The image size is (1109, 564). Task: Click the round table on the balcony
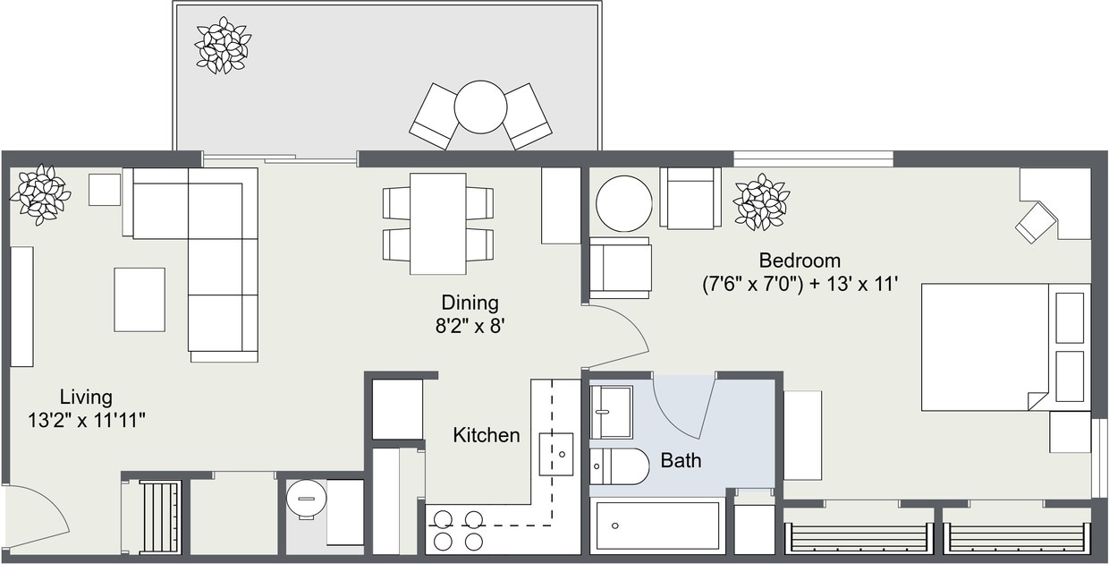pyautogui.click(x=480, y=107)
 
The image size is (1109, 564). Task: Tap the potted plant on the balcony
pyautogui.click(x=223, y=45)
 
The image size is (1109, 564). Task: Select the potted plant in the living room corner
pyautogui.click(x=40, y=193)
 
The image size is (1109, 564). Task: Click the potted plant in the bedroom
pyautogui.click(x=761, y=201)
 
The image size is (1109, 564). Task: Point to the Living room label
pyautogui.click(x=86, y=397)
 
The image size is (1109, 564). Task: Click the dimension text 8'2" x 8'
pyautogui.click(x=470, y=326)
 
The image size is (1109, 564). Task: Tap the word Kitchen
pyautogui.click(x=486, y=435)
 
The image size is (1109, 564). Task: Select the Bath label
pyautogui.click(x=681, y=461)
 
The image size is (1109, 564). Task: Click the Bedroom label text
pyautogui.click(x=800, y=261)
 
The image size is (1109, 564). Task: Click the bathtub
pyautogui.click(x=658, y=526)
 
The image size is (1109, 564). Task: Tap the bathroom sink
pyautogui.click(x=611, y=411)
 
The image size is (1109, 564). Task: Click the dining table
pyautogui.click(x=437, y=224)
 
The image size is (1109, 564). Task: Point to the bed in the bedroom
pyautogui.click(x=984, y=347)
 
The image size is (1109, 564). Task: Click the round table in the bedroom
pyautogui.click(x=624, y=203)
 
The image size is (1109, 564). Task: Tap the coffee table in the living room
pyautogui.click(x=140, y=299)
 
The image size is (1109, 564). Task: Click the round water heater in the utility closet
pyautogui.click(x=306, y=498)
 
